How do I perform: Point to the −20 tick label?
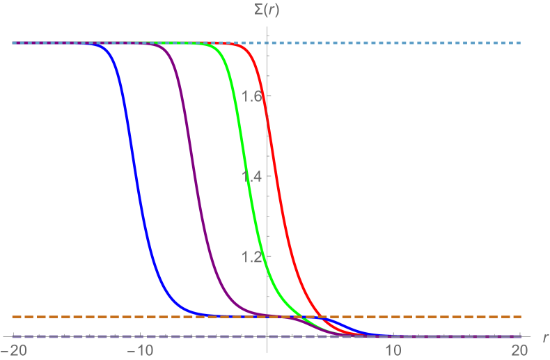click(13, 348)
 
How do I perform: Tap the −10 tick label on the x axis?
click(140, 348)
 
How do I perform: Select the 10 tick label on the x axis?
click(393, 348)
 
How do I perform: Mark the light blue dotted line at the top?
click(418, 42)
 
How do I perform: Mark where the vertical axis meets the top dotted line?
click(267, 42)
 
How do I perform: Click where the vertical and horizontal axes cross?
click(267, 337)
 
